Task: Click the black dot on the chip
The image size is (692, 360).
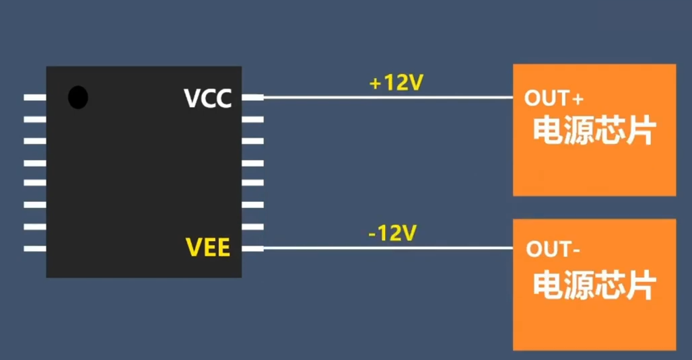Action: coord(78,98)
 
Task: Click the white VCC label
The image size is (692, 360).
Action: coord(207,98)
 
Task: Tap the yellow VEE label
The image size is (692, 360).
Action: coord(207,248)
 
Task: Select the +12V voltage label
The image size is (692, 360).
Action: coord(396,83)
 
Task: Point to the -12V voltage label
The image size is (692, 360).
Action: coord(393,233)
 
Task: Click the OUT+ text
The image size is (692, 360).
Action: coord(553,99)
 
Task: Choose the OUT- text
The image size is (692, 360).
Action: coord(553,250)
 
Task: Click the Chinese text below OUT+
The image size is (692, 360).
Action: coord(594,131)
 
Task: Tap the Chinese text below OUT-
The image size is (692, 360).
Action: coord(594,286)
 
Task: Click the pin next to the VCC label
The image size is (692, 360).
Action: coord(252,98)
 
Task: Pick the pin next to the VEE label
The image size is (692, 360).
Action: coord(252,248)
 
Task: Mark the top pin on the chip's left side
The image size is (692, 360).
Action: coord(35,98)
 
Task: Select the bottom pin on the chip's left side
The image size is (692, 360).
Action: coord(35,248)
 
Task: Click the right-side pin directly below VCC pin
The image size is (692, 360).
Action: coord(252,119)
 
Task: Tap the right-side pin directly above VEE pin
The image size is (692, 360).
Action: coord(252,227)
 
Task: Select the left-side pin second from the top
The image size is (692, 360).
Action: coord(35,119)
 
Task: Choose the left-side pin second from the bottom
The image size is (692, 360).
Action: coord(35,227)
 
